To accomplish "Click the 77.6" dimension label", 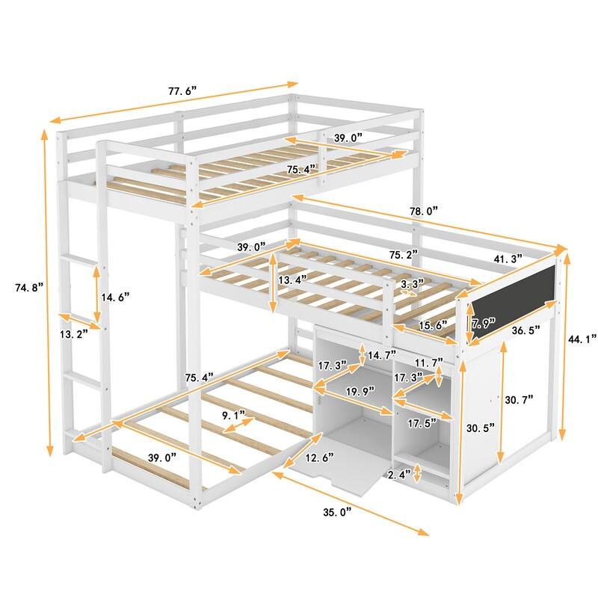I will click(x=182, y=91).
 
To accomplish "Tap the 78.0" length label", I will click(x=419, y=212).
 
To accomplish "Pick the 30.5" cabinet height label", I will click(x=479, y=428).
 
